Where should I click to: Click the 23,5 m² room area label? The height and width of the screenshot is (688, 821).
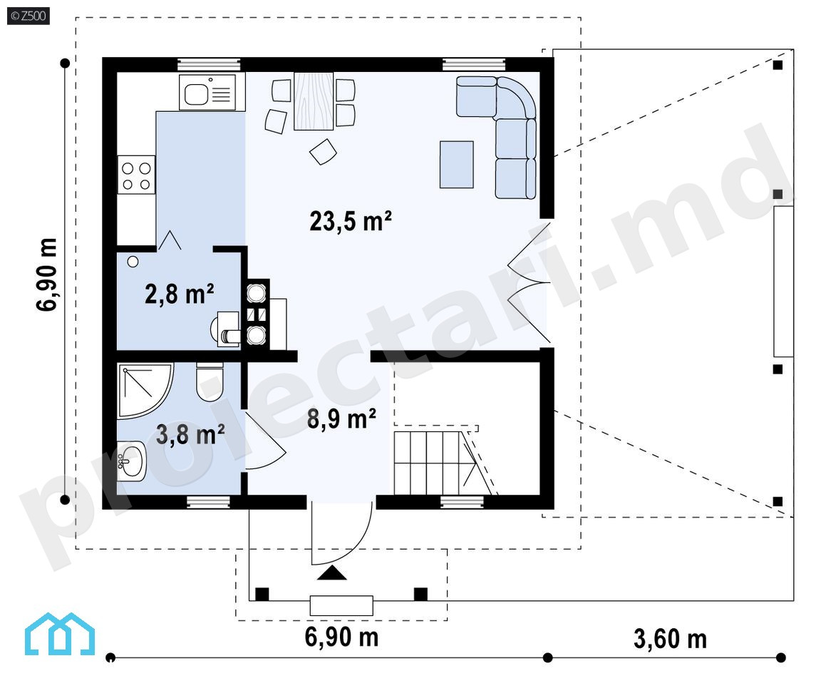[x=351, y=221]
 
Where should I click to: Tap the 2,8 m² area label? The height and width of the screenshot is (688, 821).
[x=179, y=294]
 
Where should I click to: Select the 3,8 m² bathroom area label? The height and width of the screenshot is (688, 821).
[x=190, y=434]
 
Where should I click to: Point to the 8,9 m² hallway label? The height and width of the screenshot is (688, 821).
[x=341, y=419]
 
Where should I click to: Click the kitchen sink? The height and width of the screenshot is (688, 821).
[x=212, y=93]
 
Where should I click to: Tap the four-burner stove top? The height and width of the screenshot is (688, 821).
[x=136, y=175]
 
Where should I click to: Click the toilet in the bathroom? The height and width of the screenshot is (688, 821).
[x=210, y=383]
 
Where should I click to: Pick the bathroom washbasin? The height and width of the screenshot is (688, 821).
[x=131, y=461]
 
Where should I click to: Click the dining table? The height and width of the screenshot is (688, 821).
[x=314, y=101]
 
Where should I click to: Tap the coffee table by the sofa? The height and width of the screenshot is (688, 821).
[x=457, y=165]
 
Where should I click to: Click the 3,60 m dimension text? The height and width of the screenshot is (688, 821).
[x=670, y=640]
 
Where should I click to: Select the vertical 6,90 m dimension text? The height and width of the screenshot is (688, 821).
[x=47, y=274]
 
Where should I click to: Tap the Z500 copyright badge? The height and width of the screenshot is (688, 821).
[x=29, y=16]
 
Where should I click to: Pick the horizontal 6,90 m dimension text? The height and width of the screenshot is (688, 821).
[x=341, y=637]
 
